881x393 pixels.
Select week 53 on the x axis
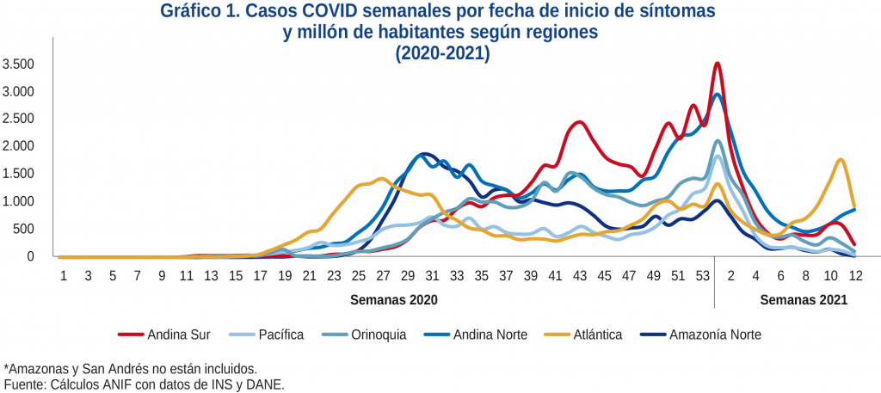coord(703,275)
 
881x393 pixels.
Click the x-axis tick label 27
coord(382,275)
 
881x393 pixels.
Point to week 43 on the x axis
coord(580,275)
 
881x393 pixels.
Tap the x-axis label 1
coord(63,275)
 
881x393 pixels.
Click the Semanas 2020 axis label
coord(394,301)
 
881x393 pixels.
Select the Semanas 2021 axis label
coord(804,301)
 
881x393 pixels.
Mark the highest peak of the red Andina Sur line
coord(717,64)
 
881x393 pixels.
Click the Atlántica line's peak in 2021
coord(840,160)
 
